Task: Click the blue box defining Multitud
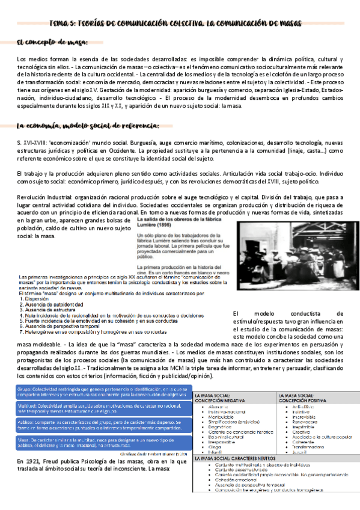click(x=97, y=410)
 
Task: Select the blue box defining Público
click(x=97, y=426)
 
